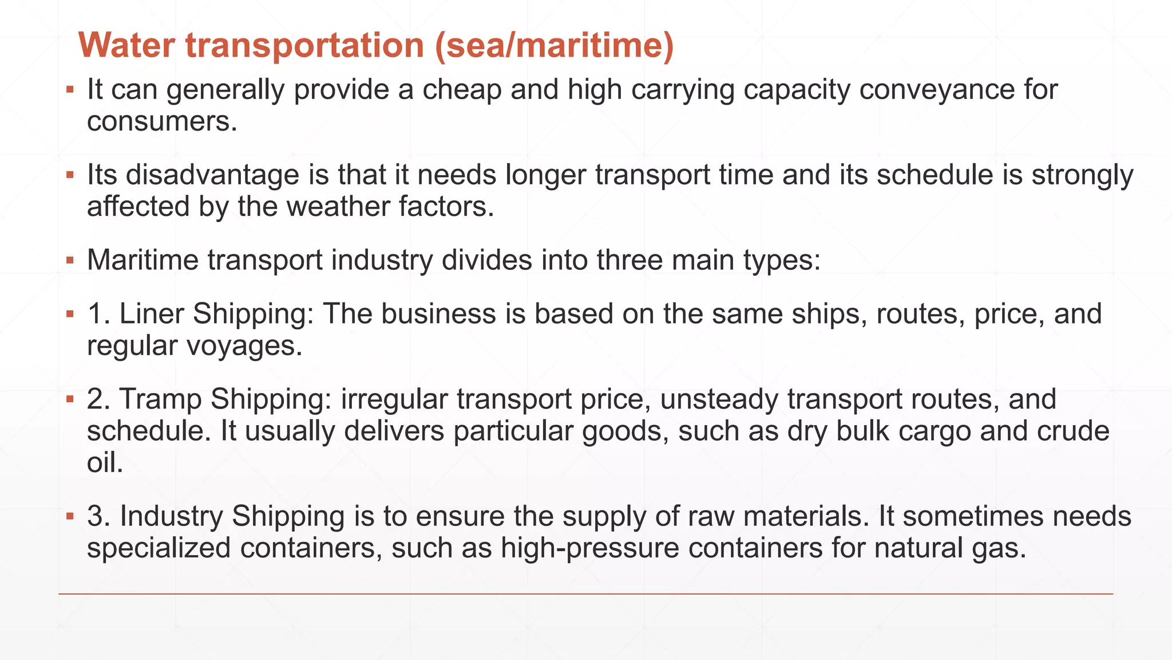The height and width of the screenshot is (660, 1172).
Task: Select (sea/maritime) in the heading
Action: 554,45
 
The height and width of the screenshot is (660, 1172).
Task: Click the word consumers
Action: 162,121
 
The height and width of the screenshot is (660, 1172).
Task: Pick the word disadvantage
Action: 212,175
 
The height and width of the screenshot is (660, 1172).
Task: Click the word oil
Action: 105,462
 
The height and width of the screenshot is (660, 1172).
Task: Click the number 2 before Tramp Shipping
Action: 98,399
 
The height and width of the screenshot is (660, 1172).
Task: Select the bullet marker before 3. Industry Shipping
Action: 70,516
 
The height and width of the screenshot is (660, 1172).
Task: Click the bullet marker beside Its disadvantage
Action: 70,175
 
